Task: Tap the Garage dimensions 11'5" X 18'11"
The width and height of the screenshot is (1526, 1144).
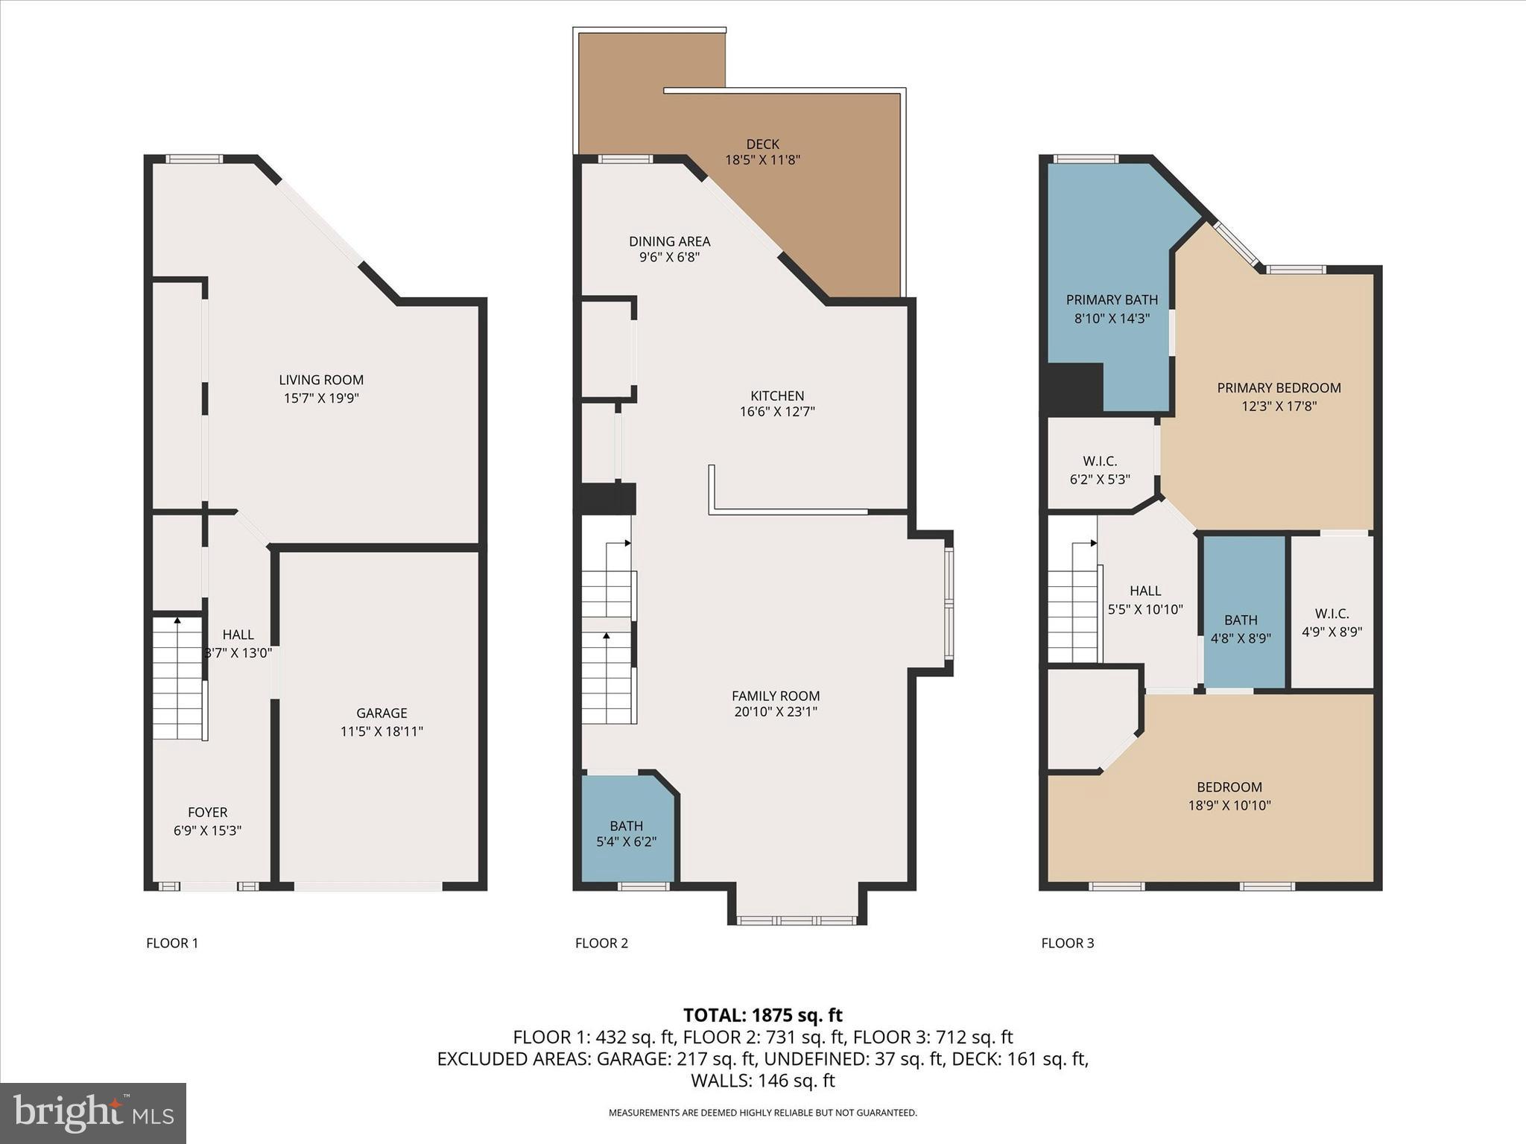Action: (x=381, y=731)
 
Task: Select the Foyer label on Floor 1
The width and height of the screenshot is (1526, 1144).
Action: (x=207, y=813)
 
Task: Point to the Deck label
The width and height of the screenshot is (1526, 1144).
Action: (x=762, y=144)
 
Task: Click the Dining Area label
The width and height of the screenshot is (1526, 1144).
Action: (x=669, y=241)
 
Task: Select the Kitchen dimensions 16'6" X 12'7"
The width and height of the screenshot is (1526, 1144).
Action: (x=777, y=412)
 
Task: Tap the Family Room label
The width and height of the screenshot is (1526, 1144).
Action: (x=776, y=696)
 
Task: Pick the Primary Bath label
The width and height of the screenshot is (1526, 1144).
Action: (x=1112, y=300)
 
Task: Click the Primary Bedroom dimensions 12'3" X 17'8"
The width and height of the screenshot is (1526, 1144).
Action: (x=1279, y=407)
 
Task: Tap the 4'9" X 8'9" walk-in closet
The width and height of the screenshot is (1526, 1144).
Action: (x=1332, y=623)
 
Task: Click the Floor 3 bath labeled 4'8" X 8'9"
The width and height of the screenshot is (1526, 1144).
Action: (x=1241, y=629)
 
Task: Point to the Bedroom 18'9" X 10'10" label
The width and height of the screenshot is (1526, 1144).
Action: (x=1229, y=788)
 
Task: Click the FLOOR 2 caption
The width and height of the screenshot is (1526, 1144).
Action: (x=601, y=943)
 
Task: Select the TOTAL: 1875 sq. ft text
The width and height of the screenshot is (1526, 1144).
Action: (x=762, y=1015)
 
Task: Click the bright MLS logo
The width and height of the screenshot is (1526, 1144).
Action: (x=93, y=1113)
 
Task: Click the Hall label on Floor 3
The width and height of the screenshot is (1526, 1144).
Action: (x=1145, y=591)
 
